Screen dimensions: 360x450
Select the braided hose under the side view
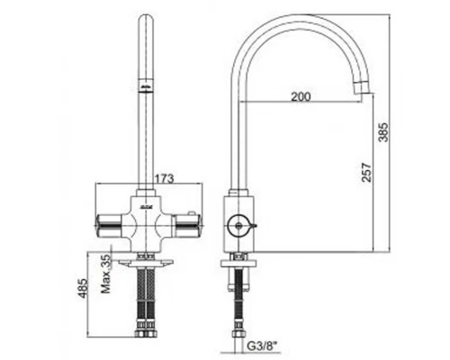coord(238,301)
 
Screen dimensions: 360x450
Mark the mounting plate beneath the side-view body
coord(238,258)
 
